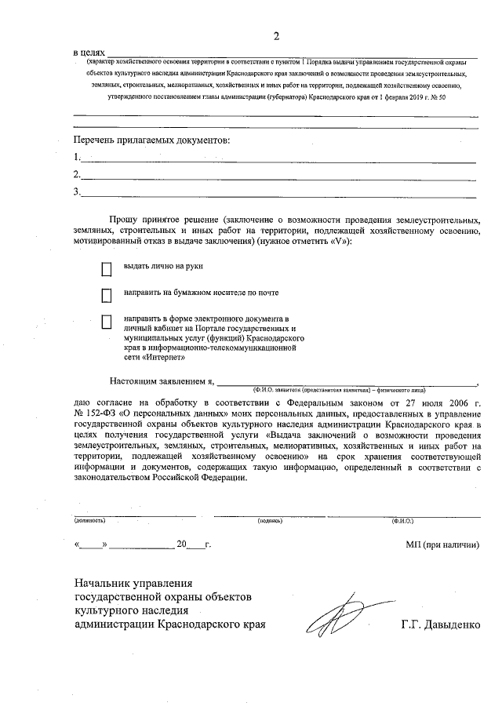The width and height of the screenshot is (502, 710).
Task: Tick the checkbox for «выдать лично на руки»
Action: point(107,269)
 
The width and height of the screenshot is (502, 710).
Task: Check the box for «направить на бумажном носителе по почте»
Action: point(107,296)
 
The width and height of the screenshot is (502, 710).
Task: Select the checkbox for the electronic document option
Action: point(107,322)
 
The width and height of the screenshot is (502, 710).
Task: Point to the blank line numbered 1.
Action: point(278,159)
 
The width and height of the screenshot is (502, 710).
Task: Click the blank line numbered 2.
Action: point(278,177)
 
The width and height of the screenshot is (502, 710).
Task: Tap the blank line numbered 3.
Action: point(278,194)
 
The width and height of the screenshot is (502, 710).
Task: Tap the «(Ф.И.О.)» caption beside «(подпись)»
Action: point(403,520)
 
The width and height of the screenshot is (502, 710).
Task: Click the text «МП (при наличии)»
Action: point(442,544)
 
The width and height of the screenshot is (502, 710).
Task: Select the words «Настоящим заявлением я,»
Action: point(162,380)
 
